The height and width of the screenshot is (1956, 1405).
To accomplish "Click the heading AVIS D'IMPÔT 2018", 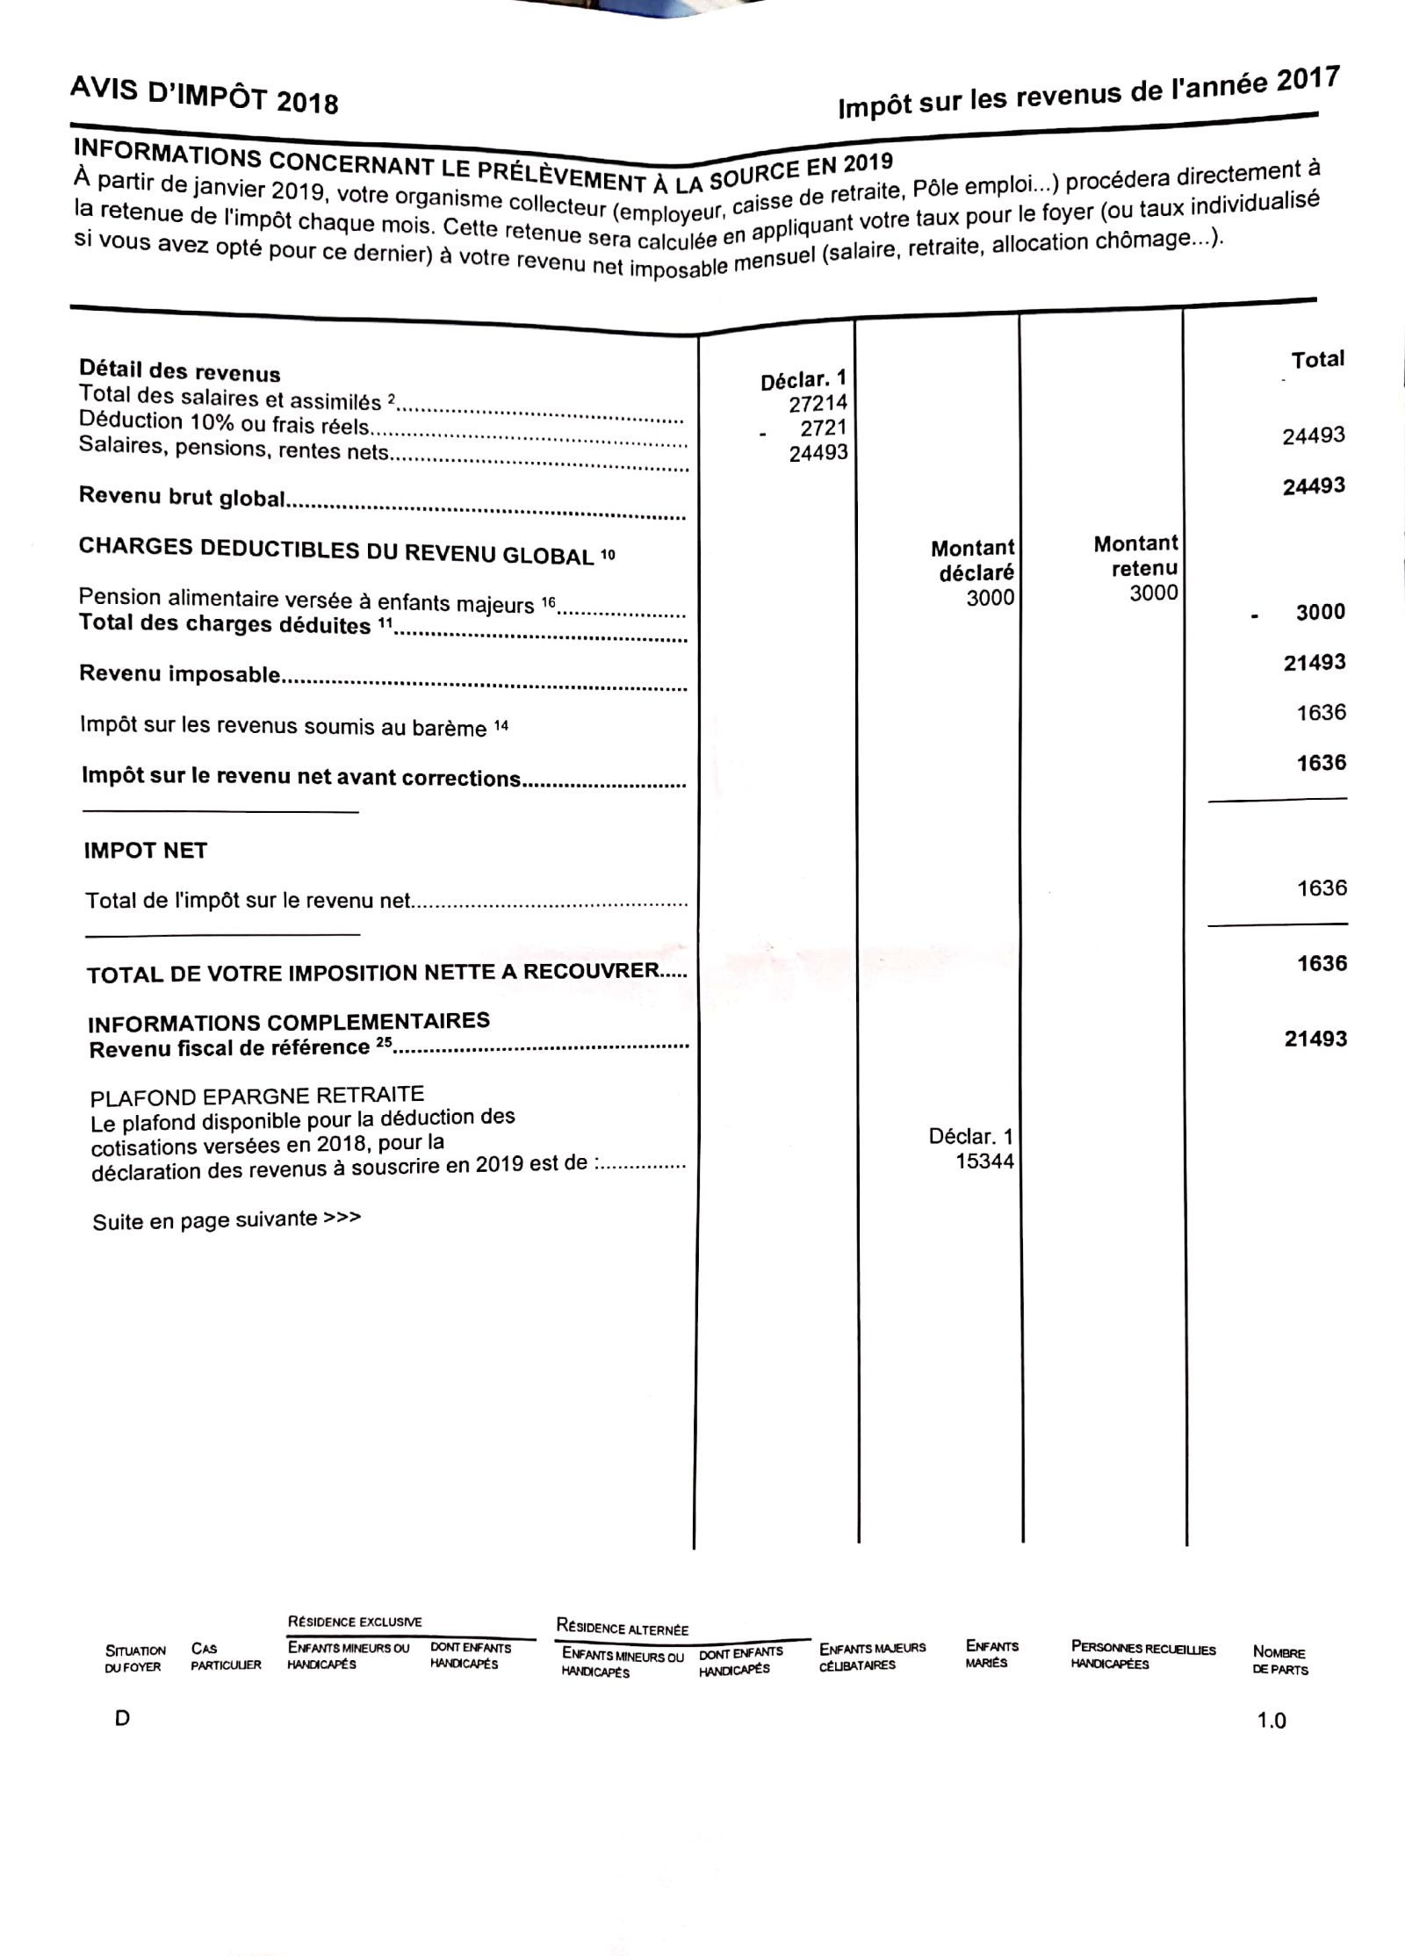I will pos(204,95).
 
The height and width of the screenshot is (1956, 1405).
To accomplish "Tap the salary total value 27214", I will pos(818,403).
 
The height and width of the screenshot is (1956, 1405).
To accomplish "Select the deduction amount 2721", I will pos(823,428).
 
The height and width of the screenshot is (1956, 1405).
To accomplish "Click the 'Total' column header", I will pos(1317,359).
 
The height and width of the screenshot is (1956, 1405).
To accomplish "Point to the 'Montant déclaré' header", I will pos(973,560).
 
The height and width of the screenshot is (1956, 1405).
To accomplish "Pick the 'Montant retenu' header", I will pos(1136,556).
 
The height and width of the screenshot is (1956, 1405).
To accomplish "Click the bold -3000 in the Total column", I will pos(1320,612).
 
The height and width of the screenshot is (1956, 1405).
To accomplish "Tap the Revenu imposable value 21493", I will pos(1315,662).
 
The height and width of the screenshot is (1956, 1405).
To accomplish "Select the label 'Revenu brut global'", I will pos(182,496).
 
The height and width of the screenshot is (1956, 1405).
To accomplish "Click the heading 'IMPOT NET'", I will pos(146,850).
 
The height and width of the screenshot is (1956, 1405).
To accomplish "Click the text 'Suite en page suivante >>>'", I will pos(227,1219).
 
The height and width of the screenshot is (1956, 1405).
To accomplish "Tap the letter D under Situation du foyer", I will pos(122,1718).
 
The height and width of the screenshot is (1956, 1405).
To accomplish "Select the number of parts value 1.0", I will pos(1272,1720).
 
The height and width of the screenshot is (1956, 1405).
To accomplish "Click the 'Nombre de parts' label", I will pos(1279,1661).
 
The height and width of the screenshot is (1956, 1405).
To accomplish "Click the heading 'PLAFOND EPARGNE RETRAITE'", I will pos(256,1096).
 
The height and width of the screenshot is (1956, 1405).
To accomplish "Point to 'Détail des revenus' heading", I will pos(180,370).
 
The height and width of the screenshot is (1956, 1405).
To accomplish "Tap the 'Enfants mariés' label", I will pos(991,1654).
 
